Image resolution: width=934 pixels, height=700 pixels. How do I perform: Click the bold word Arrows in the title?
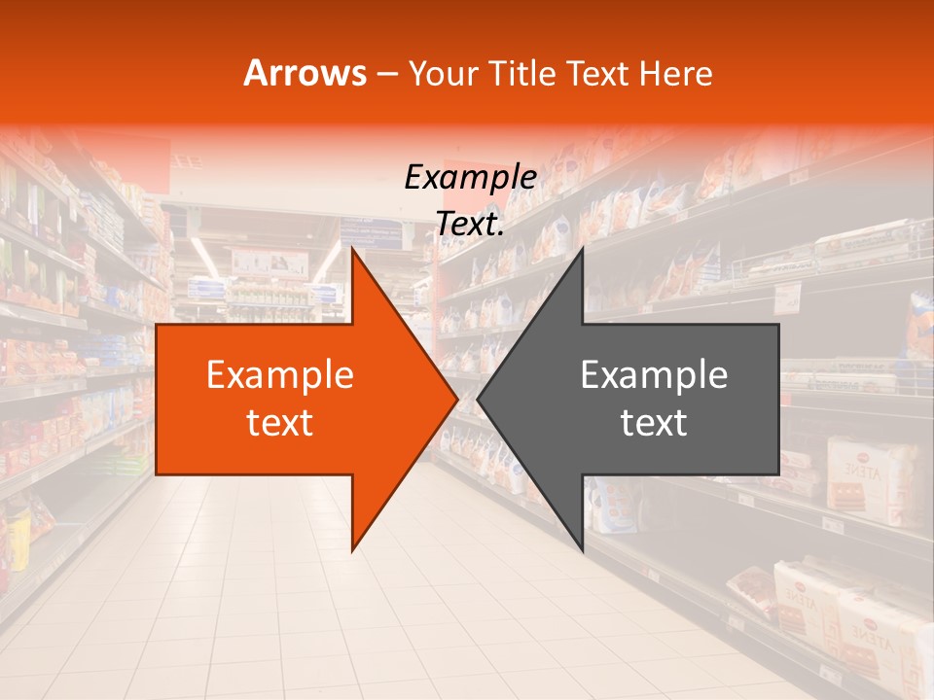click(x=305, y=73)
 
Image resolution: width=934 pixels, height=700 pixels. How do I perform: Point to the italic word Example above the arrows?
click(x=470, y=177)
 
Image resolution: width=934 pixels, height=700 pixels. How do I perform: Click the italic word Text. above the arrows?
click(x=470, y=225)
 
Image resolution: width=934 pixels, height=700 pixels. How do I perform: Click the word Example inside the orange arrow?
click(x=279, y=375)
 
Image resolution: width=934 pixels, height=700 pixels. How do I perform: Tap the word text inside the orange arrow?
click(x=279, y=423)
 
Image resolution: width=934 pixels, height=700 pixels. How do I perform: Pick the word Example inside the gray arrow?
click(x=654, y=375)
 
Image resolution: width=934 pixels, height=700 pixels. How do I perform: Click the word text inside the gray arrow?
click(x=654, y=423)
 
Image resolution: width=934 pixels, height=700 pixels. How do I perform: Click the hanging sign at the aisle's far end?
click(x=269, y=262)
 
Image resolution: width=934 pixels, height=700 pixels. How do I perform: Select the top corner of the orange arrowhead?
click(x=353, y=250)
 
